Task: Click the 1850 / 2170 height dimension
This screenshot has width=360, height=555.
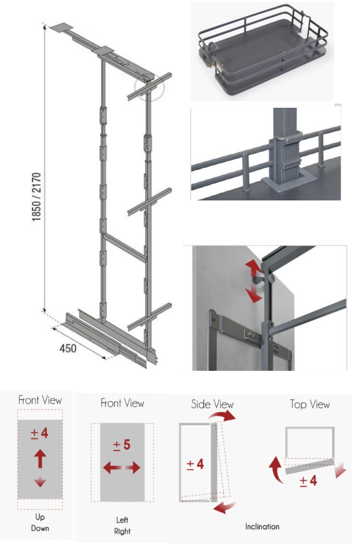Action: click(37, 197)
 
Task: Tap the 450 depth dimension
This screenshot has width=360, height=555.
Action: click(67, 349)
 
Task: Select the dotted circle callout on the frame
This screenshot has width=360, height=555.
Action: click(149, 88)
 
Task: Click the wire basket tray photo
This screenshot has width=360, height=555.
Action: click(262, 51)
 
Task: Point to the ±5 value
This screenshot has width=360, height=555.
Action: click(122, 445)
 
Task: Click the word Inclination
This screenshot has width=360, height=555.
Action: click(262, 526)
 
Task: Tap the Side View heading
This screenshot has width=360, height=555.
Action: click(213, 405)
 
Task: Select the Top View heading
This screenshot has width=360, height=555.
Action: click(310, 405)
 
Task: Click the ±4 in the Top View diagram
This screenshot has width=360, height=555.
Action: click(308, 481)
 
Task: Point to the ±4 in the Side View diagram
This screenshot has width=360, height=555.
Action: click(195, 464)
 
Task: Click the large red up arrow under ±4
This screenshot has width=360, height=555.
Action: click(40, 459)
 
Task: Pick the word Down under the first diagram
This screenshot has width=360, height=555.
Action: click(40, 528)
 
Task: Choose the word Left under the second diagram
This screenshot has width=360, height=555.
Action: click(122, 520)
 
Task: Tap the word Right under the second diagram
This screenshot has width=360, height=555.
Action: click(122, 532)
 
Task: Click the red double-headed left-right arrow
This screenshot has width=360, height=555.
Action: click(122, 468)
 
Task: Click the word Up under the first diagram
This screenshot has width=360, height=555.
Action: click(40, 517)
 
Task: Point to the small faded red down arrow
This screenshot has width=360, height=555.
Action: click(40, 482)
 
